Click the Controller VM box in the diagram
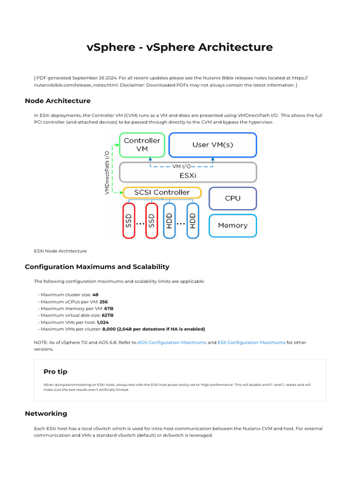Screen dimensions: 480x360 coord(142,145)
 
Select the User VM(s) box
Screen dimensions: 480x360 coord(213,145)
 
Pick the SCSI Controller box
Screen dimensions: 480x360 coord(162,193)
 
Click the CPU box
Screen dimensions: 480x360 coord(232,198)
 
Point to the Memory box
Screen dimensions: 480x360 coord(232,225)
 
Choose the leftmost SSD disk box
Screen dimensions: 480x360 coord(129,220)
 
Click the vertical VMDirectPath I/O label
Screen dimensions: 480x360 coord(107,172)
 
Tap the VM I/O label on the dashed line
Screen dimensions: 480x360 coord(181,166)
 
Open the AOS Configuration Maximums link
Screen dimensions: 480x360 coord(172,343)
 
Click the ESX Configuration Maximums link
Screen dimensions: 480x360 coord(251,343)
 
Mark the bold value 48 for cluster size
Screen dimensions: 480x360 coord(95,295)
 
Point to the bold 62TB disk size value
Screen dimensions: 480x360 coord(107,315)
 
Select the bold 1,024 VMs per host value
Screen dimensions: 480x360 coord(103,322)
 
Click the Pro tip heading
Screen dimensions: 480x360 coord(55,372)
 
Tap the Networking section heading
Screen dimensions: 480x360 coord(45,413)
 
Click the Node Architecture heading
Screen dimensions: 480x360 coord(57,101)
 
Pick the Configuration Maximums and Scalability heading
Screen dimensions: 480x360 coord(97,267)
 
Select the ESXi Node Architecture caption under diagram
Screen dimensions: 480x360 coord(60,251)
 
